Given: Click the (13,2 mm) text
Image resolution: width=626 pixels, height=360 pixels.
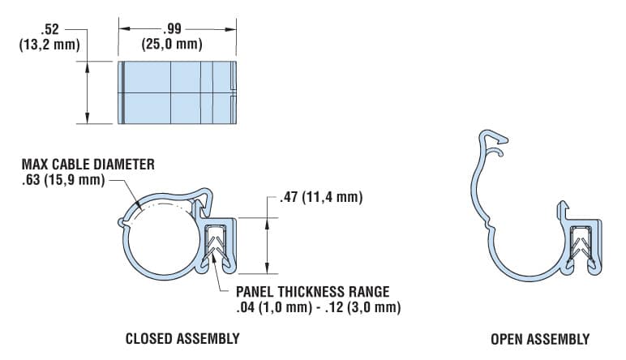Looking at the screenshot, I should [49, 44].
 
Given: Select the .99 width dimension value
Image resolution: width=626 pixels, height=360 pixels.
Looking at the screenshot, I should [178, 28].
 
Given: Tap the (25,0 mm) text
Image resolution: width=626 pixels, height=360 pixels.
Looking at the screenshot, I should [178, 44].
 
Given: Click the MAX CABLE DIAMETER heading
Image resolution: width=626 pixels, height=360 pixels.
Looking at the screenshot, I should [88, 165].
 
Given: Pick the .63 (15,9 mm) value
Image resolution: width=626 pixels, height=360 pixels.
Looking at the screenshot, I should [63, 179].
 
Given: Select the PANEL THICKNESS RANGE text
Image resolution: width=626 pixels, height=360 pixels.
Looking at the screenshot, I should [313, 292].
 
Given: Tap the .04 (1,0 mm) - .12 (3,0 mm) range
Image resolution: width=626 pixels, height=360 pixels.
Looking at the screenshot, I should [318, 307].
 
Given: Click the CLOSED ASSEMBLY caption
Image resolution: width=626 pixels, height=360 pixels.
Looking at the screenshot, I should [182, 338].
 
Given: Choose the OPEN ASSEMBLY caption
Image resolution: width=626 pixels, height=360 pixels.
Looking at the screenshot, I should [540, 338].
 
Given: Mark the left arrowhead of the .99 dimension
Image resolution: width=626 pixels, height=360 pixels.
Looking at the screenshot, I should [123, 28].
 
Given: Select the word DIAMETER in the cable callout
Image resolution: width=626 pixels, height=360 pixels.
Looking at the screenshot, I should [126, 165].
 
